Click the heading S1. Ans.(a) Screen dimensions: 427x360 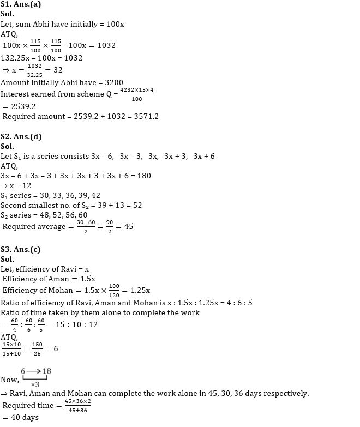[22, 5]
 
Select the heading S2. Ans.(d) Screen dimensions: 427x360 [22, 137]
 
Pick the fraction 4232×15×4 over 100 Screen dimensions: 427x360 [136, 94]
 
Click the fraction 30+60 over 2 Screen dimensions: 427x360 [83, 226]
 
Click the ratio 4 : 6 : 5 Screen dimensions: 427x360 [239, 303]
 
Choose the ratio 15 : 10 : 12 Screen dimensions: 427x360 [79, 324]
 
